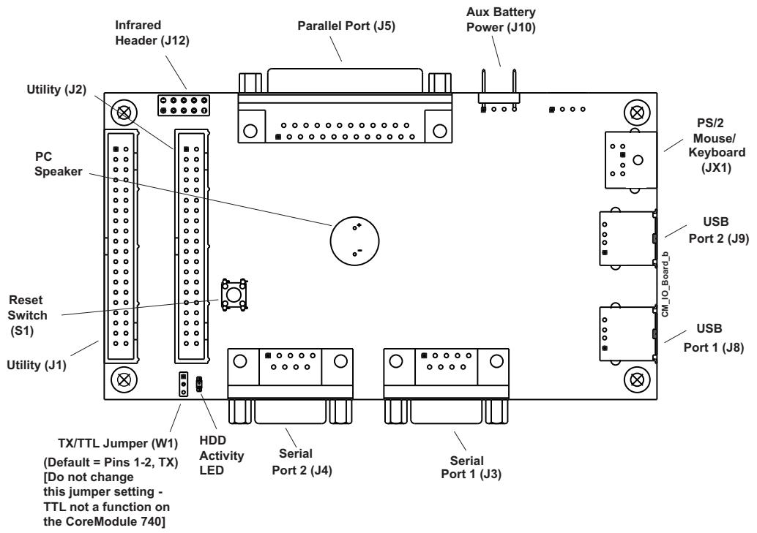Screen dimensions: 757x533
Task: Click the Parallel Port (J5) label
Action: tap(346, 26)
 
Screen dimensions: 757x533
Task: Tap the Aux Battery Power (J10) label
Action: tap(501, 20)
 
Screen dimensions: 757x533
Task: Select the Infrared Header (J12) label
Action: tap(152, 33)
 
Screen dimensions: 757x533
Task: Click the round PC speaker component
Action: tap(354, 241)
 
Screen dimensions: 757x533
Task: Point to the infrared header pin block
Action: tap(184, 105)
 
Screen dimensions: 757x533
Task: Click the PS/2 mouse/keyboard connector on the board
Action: tap(630, 159)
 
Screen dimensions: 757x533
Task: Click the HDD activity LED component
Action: tap(198, 384)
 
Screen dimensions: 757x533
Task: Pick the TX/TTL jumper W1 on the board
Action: tap(183, 384)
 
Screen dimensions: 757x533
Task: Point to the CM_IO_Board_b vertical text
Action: tap(665, 284)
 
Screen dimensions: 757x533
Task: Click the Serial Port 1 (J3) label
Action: tap(471, 467)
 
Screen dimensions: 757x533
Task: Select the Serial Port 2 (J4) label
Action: tap(302, 461)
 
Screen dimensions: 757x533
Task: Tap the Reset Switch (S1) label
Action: tap(27, 315)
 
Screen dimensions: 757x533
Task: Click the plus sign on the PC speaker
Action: tap(359, 224)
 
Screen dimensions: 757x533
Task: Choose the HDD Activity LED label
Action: tap(221, 455)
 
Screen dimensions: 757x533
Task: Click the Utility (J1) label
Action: tap(36, 365)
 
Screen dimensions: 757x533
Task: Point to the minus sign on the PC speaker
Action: tap(359, 250)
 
